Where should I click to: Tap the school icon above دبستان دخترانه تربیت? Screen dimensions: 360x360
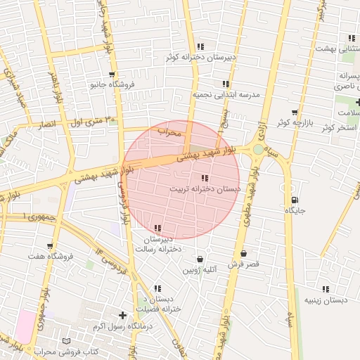(x=205, y=178)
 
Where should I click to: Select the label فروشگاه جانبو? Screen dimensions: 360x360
(x=112, y=84)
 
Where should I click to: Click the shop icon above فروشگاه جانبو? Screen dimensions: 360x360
(x=112, y=74)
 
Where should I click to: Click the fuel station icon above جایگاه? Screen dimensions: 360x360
(x=293, y=200)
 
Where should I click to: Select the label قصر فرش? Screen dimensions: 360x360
(x=244, y=264)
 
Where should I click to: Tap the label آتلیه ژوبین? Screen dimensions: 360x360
(x=200, y=269)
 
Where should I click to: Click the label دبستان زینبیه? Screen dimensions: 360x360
(x=326, y=300)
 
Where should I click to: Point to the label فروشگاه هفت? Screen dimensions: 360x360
(x=51, y=256)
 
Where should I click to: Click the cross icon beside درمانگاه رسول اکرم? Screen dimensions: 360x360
(x=124, y=315)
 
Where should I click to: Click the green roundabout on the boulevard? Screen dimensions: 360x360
(x=258, y=149)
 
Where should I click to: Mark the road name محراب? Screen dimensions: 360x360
(x=169, y=131)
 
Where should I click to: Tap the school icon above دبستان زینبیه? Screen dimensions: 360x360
(x=325, y=288)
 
